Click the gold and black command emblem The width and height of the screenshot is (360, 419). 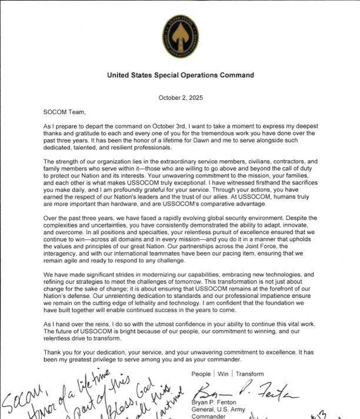coord(181,33)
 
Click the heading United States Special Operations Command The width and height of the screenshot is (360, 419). coord(181,75)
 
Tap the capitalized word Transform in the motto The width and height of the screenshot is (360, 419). coord(250,374)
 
